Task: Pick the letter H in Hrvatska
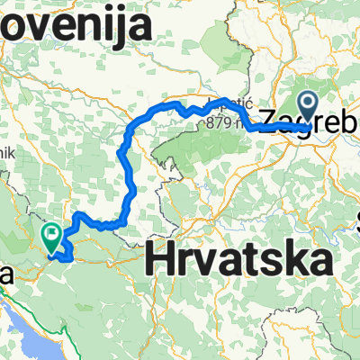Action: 159,262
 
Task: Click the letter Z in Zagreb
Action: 268,118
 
